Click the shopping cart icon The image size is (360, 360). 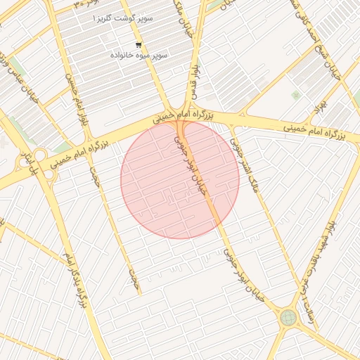tap(139, 45)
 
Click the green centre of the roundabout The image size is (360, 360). tap(288, 318)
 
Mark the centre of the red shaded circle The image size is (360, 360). tap(180, 179)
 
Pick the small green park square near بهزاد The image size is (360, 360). tap(296, 94)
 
